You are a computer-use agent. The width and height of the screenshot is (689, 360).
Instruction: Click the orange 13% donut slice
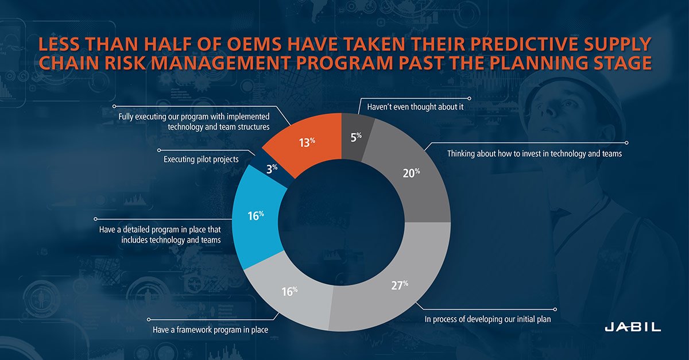coord(307,142)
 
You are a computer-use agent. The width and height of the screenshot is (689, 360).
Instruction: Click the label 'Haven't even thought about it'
coord(412,107)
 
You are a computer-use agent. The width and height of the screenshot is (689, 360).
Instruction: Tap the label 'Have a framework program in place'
coord(210,330)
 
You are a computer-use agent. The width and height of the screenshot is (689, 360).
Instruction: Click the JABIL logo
coord(633,327)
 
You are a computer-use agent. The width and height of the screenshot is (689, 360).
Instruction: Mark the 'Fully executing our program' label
coord(193,121)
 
